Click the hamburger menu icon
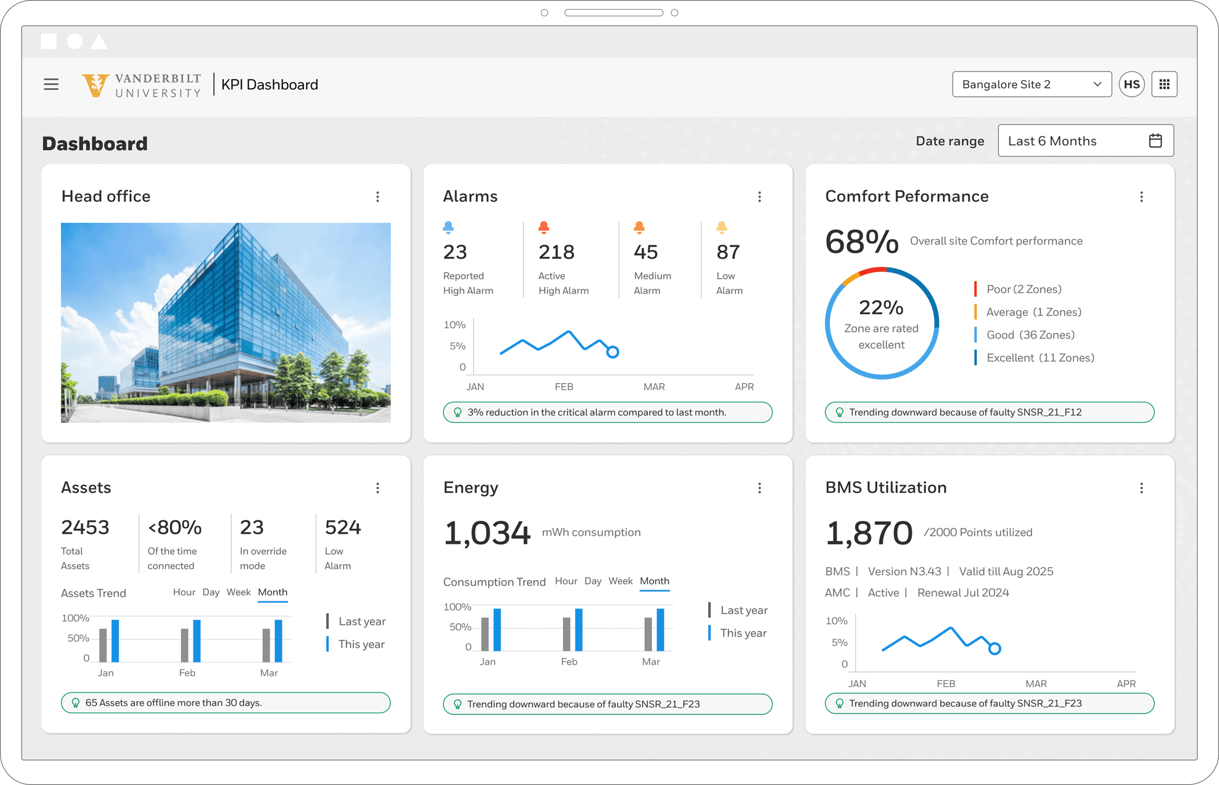tap(51, 84)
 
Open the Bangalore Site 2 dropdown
tap(1031, 84)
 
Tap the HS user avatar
tap(1131, 84)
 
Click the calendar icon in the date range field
tap(1155, 141)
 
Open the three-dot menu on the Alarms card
tap(760, 197)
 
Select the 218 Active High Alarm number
tap(556, 252)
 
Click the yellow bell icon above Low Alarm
tap(721, 227)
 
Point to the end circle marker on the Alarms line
tap(612, 352)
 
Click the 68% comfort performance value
tap(861, 241)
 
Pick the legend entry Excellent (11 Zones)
tap(1040, 358)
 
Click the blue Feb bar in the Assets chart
tap(197, 641)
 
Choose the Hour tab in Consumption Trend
tap(566, 581)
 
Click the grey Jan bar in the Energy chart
tap(485, 634)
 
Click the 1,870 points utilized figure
tap(869, 533)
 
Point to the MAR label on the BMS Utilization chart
tap(1036, 684)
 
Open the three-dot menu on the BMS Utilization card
tap(1141, 488)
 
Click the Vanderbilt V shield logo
tap(95, 85)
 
